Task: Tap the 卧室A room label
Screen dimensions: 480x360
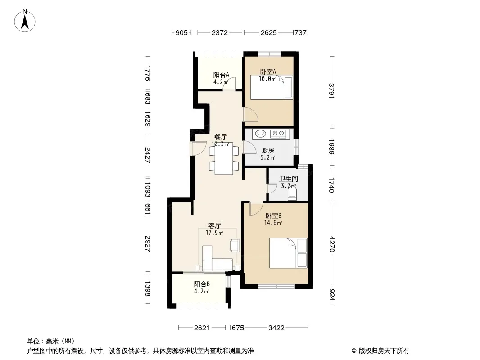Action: (x=268, y=72)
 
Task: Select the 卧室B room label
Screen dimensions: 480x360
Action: (x=273, y=216)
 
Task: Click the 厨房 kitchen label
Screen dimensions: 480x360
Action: (x=268, y=150)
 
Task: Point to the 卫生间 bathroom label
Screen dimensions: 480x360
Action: (x=288, y=179)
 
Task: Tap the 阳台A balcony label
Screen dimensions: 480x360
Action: (x=221, y=75)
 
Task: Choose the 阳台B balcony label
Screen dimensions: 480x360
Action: (x=202, y=284)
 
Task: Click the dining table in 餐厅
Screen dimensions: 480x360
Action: (x=224, y=158)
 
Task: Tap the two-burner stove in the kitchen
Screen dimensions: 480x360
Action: (x=278, y=133)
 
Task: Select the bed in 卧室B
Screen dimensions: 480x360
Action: (x=288, y=253)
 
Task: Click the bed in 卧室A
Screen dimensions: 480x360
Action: (x=272, y=87)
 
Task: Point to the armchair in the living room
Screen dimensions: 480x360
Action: (x=235, y=245)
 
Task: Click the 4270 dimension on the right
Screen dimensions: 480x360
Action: (x=332, y=244)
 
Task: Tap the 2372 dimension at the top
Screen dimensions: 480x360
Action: (x=220, y=32)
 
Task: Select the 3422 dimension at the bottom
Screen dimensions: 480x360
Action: (x=276, y=328)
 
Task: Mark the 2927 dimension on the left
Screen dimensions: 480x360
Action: (x=148, y=244)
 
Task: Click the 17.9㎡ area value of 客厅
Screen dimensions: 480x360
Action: (x=214, y=233)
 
